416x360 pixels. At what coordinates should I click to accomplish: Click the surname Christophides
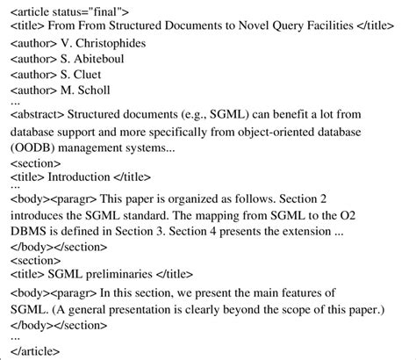(111, 43)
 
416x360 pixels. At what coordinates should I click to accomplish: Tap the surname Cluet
(95, 75)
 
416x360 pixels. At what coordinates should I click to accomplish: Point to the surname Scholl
(97, 90)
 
